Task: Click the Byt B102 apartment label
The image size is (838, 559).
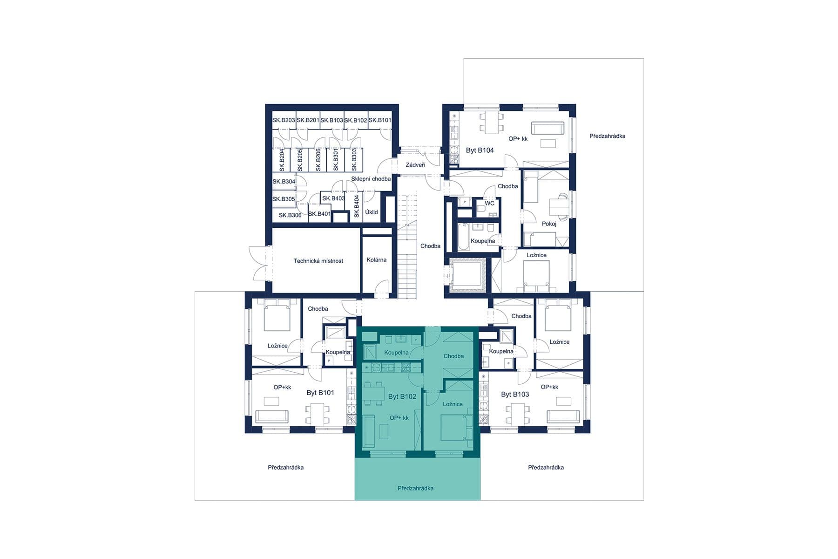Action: pyautogui.click(x=402, y=396)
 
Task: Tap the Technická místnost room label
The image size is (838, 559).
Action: pyautogui.click(x=318, y=261)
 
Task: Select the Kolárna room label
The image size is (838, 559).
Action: pyautogui.click(x=376, y=260)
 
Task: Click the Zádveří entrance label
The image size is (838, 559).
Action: pyautogui.click(x=415, y=165)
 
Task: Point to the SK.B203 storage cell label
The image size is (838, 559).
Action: pyautogui.click(x=284, y=120)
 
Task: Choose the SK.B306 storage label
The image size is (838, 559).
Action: pyautogui.click(x=290, y=215)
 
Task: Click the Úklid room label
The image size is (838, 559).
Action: pyautogui.click(x=372, y=212)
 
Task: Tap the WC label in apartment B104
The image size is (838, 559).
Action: pyautogui.click(x=489, y=204)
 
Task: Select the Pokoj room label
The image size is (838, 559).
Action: pyautogui.click(x=549, y=224)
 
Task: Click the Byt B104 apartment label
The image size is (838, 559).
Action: pyautogui.click(x=480, y=150)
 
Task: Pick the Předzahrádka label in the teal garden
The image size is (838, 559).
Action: pyautogui.click(x=415, y=488)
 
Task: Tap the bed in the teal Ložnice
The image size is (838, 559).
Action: pyautogui.click(x=452, y=428)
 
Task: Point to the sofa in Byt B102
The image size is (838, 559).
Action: pyautogui.click(x=369, y=431)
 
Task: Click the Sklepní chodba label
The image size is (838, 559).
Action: pyautogui.click(x=371, y=179)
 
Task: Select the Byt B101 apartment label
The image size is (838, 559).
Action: pyautogui.click(x=320, y=393)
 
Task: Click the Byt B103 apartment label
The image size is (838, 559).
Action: pyautogui.click(x=515, y=395)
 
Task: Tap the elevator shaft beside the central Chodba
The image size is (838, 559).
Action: pyautogui.click(x=467, y=274)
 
